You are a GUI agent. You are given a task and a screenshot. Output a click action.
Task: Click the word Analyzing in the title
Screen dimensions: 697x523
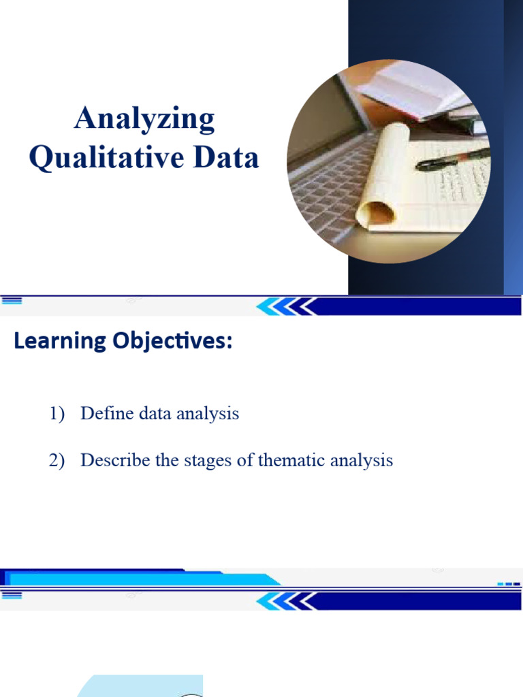coord(144,120)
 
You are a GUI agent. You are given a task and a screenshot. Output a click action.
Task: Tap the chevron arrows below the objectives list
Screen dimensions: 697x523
coord(286,601)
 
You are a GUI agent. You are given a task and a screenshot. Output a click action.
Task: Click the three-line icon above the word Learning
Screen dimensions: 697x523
coord(12,300)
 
